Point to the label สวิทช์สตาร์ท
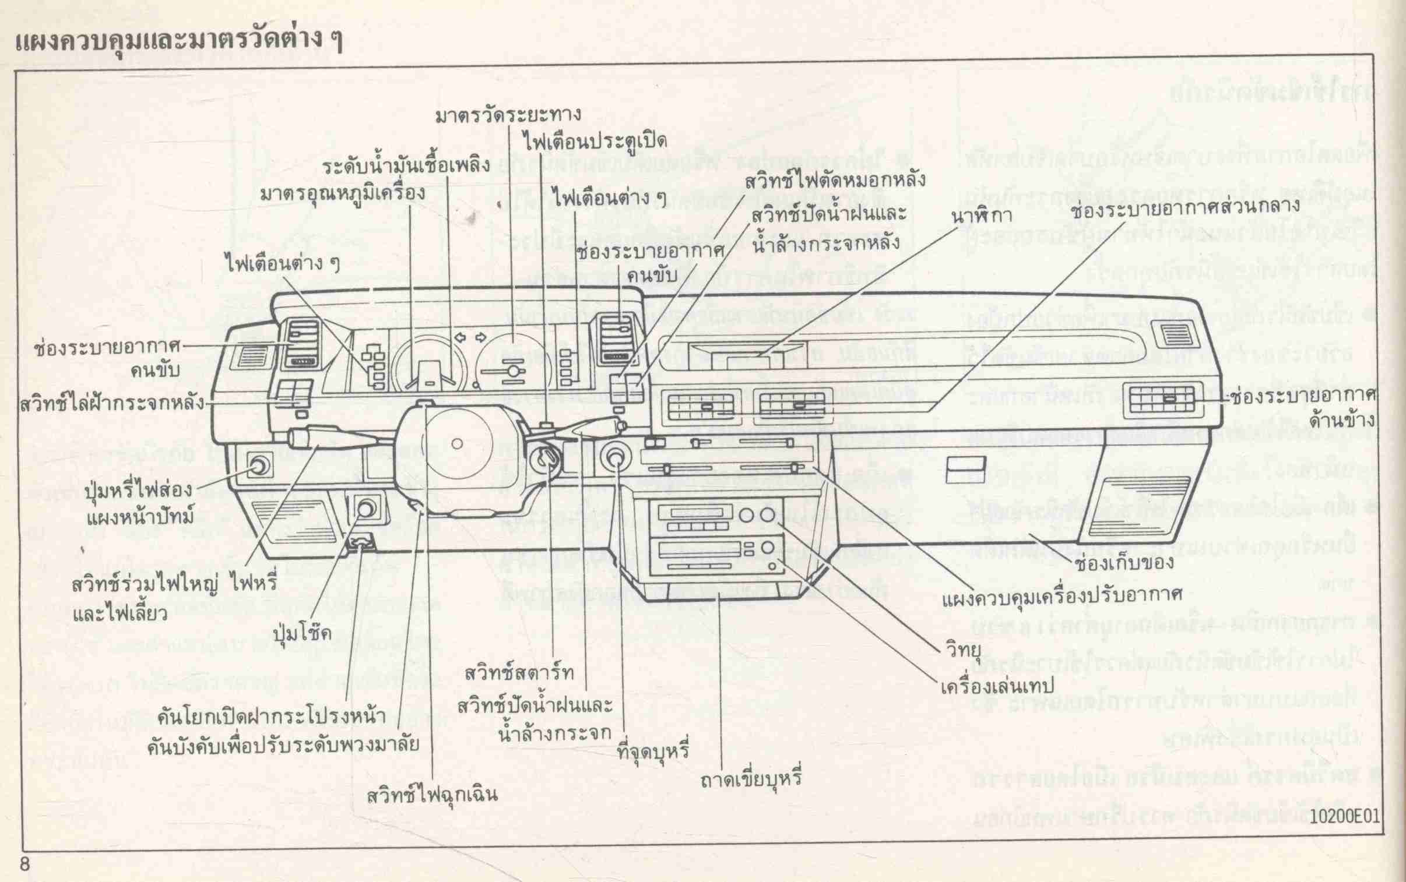[519, 673]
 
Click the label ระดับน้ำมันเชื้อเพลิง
[407, 166]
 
